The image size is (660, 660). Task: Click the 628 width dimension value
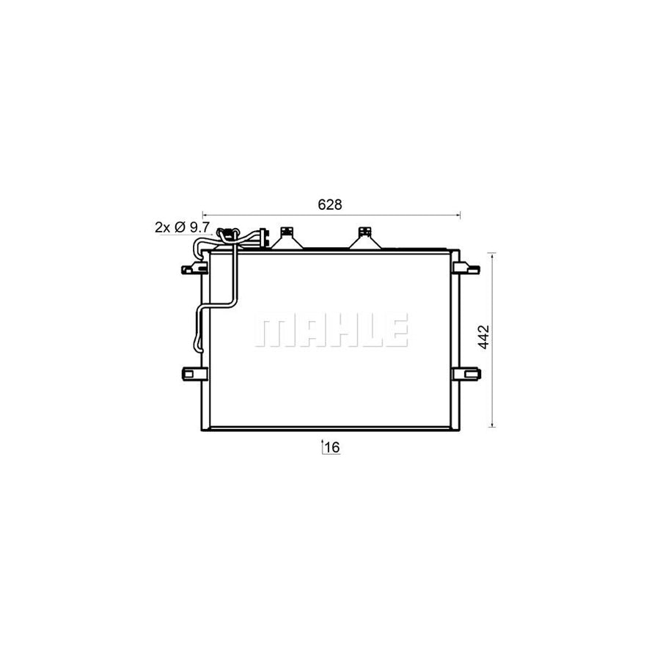click(x=330, y=205)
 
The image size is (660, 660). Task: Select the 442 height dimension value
click(x=485, y=337)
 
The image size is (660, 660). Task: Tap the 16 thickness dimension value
click(x=332, y=447)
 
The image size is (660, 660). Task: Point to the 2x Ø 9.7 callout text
click(x=183, y=227)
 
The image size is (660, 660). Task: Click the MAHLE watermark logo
click(x=331, y=331)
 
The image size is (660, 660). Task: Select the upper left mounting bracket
click(x=194, y=268)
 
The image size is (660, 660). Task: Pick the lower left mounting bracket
click(x=194, y=374)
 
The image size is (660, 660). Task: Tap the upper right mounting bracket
click(x=466, y=268)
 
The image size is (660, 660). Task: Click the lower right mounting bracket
click(x=467, y=374)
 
